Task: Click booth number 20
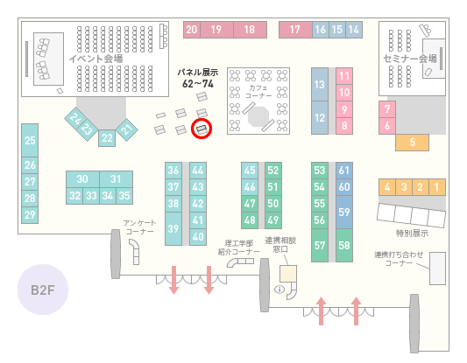tap(192, 30)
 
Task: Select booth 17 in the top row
tap(295, 30)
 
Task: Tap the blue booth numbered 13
tap(320, 85)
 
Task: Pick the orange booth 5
tap(412, 143)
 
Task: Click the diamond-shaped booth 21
tap(127, 129)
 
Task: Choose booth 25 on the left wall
tap(30, 140)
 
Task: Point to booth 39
tap(173, 228)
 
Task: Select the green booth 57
tap(320, 245)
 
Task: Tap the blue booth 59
tap(344, 212)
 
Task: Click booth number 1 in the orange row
tap(437, 187)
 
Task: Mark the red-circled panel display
tap(202, 129)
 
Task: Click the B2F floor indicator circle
tap(43, 290)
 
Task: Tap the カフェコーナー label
tap(258, 92)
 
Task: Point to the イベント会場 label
tap(96, 59)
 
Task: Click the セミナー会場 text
tap(410, 59)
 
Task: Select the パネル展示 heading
tap(198, 72)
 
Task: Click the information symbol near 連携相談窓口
tap(279, 289)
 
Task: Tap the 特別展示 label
tap(412, 233)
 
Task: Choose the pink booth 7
tap(387, 109)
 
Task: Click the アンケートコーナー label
tap(139, 227)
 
